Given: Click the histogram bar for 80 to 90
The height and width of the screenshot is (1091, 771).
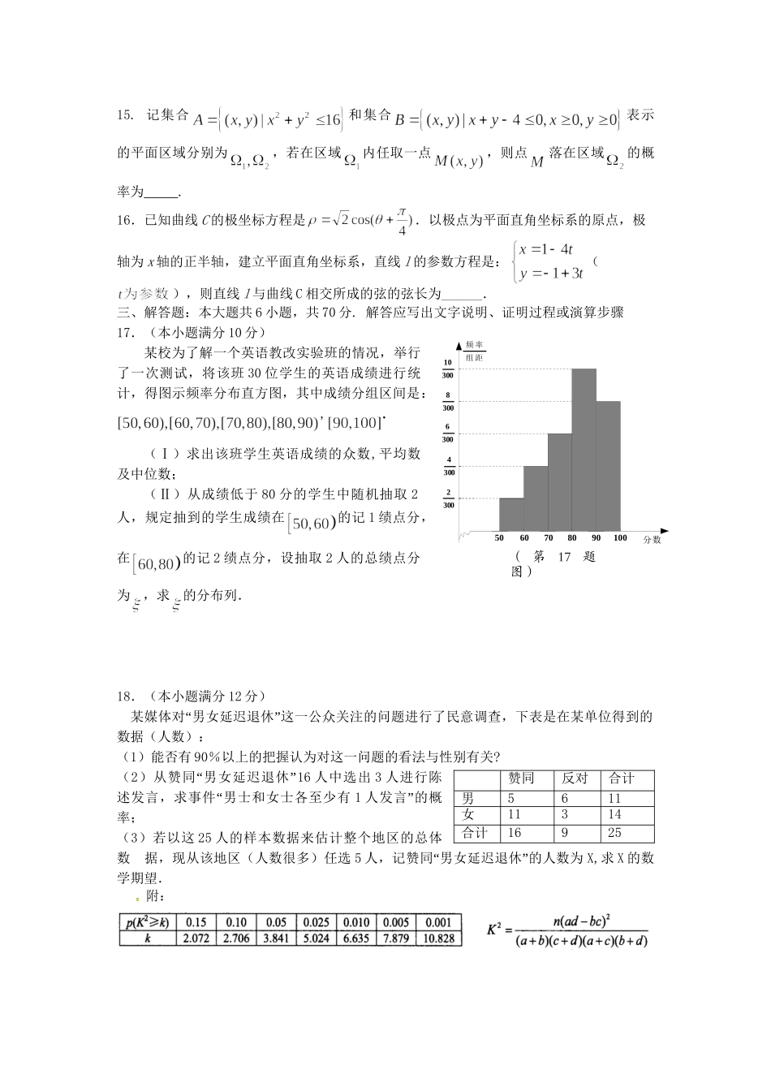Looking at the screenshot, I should point(584,449).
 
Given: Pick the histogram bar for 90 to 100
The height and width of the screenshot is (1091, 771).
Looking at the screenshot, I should point(608,465).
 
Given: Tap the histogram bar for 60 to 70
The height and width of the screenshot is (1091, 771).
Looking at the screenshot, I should point(535,497).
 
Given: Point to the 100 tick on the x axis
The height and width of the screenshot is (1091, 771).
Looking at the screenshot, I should point(620,537).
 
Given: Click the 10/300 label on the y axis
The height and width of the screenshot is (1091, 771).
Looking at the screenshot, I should point(447,369).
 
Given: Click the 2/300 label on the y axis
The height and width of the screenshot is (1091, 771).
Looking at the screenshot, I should point(447,498).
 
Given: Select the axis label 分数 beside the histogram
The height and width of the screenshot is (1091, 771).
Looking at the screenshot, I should point(653,539).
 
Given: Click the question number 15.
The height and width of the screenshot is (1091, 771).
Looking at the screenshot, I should point(125,114).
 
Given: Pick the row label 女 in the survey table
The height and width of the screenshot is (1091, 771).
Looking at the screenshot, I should point(467,814).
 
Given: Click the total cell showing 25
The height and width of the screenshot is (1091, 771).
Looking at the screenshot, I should point(615,833).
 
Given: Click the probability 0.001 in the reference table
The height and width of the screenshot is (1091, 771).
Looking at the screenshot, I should point(437,922).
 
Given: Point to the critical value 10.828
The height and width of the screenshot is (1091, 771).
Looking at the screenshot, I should point(437,938).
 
